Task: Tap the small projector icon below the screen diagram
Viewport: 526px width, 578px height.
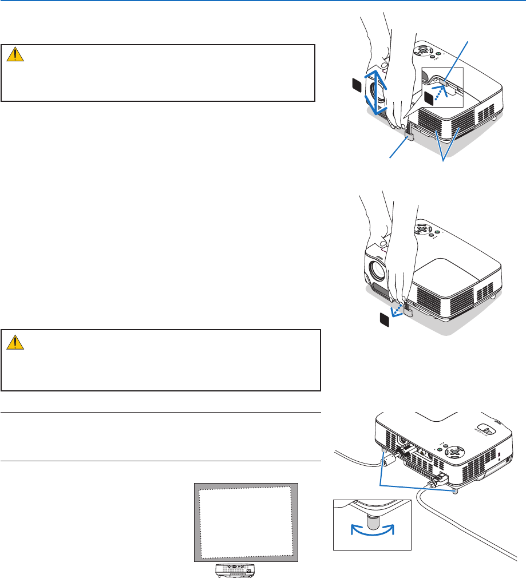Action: point(235,569)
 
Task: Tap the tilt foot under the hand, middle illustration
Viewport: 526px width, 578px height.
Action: point(409,309)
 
